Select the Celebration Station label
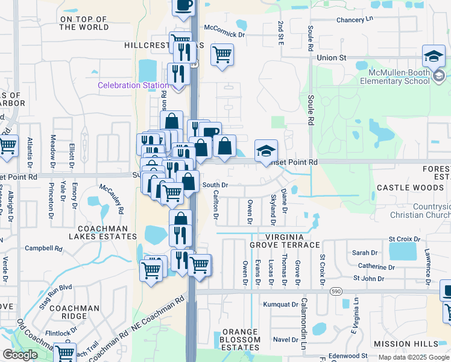pos(133,86)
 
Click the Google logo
pos(20,355)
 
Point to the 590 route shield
pos(336,291)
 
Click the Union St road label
pos(332,57)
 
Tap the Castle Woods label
pos(410,188)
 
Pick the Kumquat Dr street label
pos(281,305)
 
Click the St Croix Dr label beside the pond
pos(403,239)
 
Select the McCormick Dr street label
pos(224,35)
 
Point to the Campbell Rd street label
pos(43,248)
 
